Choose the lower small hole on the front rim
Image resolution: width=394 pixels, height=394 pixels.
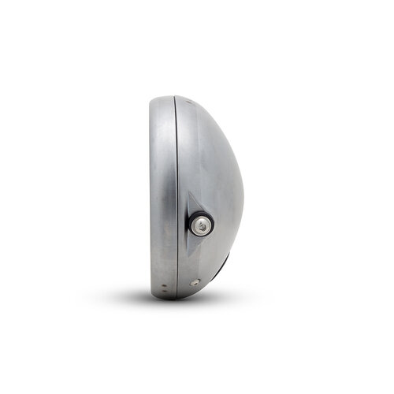point(164,294)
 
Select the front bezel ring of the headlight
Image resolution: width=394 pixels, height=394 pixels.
point(162,197)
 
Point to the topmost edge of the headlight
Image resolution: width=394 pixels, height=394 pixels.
point(169,95)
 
